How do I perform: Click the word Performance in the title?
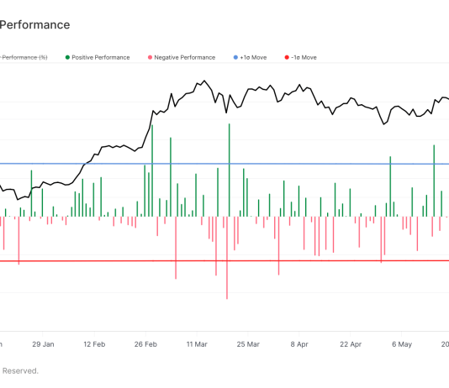[35, 25]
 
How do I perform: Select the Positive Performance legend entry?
[101, 57]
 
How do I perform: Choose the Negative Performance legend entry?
[184, 57]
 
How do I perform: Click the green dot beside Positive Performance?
[66, 57]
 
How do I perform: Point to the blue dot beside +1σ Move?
[235, 57]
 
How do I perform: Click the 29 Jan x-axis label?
[43, 343]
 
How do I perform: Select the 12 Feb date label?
[94, 343]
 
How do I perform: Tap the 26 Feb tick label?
[146, 343]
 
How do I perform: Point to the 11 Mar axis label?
[197, 343]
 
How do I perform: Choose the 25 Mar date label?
[248, 343]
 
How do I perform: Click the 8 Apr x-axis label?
[300, 343]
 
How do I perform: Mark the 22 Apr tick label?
[351, 343]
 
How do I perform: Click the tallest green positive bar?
[229, 168]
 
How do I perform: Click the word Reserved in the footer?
[20, 370]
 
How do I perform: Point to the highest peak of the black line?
[204, 81]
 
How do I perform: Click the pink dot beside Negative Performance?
[149, 57]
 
